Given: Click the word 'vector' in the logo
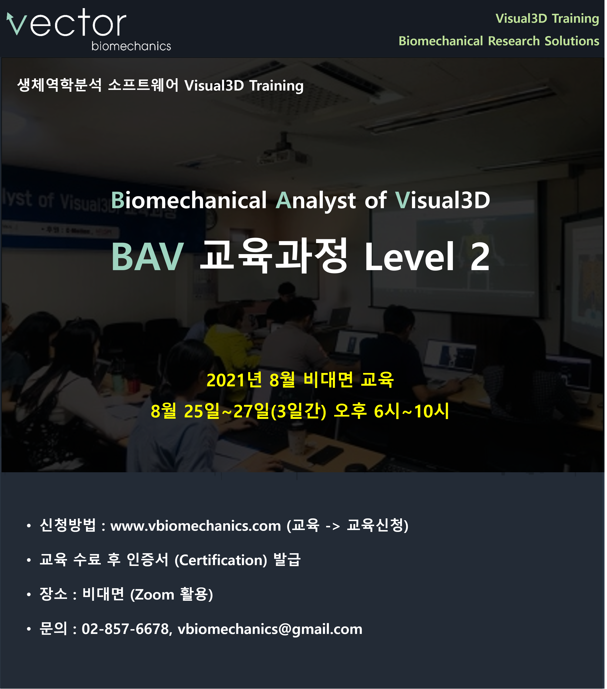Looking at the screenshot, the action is tap(66, 23).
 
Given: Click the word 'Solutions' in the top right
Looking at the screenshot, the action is tap(572, 41).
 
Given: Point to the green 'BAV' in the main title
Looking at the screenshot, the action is tap(147, 257).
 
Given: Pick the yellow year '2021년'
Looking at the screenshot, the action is tap(234, 380).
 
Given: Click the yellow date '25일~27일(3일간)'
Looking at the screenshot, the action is tap(255, 411).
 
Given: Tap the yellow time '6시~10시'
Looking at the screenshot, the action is tap(411, 411).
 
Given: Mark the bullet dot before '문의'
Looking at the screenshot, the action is tap(29, 629).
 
